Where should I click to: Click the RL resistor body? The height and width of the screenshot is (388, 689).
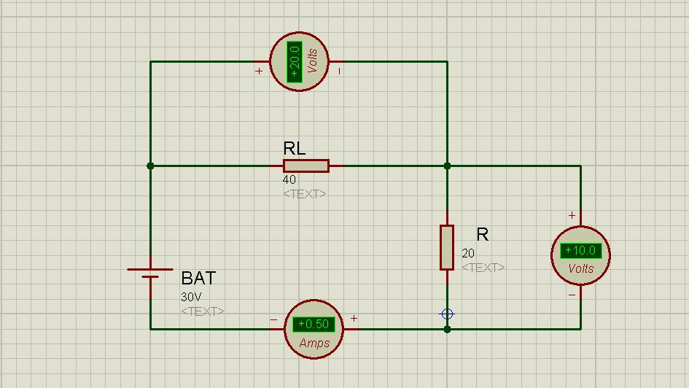(x=306, y=166)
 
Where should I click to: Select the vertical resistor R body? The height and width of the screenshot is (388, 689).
(x=447, y=247)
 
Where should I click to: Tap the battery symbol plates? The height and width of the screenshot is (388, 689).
(x=150, y=273)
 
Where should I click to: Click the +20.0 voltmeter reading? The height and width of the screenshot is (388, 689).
(x=295, y=62)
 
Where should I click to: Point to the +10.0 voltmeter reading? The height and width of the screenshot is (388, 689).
(x=580, y=251)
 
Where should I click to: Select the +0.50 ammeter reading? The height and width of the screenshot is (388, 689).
(x=314, y=325)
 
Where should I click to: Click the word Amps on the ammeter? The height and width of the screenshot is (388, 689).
(x=314, y=344)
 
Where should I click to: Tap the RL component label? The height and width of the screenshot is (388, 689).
(x=295, y=149)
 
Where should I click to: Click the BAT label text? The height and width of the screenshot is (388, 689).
(x=198, y=278)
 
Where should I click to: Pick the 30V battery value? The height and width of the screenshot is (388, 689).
(x=191, y=297)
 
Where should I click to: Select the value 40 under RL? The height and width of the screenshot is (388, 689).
(x=289, y=179)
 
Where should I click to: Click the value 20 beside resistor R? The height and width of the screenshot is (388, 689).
(x=468, y=253)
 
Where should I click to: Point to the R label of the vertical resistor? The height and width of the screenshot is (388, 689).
(x=483, y=234)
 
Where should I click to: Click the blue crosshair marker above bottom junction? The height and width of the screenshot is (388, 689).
(x=447, y=314)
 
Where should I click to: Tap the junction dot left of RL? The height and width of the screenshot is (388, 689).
(x=150, y=166)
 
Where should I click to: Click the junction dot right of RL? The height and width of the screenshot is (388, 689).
(x=447, y=166)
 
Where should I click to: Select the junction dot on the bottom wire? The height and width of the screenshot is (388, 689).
(x=447, y=329)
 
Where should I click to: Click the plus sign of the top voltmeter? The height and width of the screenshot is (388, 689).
(x=259, y=71)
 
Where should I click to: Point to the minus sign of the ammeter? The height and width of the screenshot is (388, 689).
(x=273, y=319)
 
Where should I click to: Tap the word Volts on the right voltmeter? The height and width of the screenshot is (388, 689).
(x=581, y=268)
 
